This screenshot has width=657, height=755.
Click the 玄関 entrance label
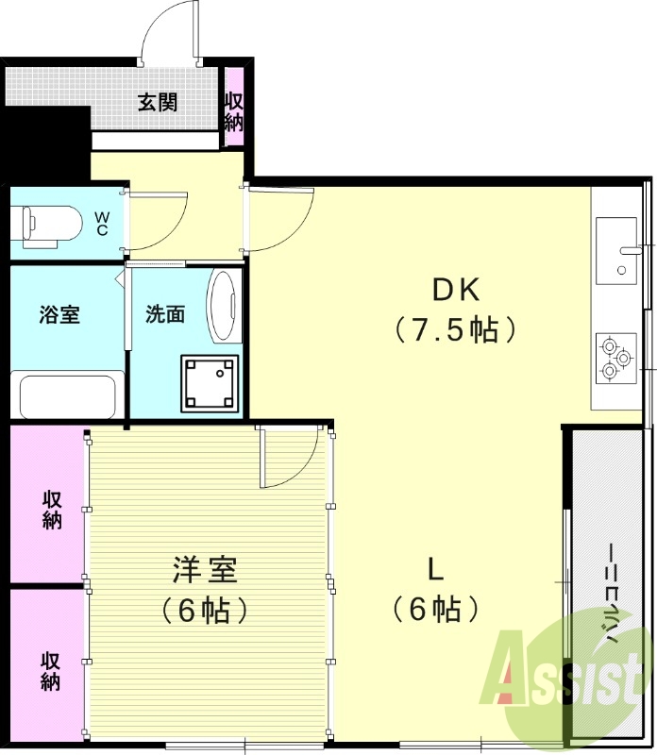point(158,102)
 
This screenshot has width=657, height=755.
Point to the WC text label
point(102,224)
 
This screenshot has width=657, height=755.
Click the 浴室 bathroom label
point(59,314)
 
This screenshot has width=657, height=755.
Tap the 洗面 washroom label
point(164,314)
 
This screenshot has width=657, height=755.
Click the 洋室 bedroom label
point(204,570)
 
